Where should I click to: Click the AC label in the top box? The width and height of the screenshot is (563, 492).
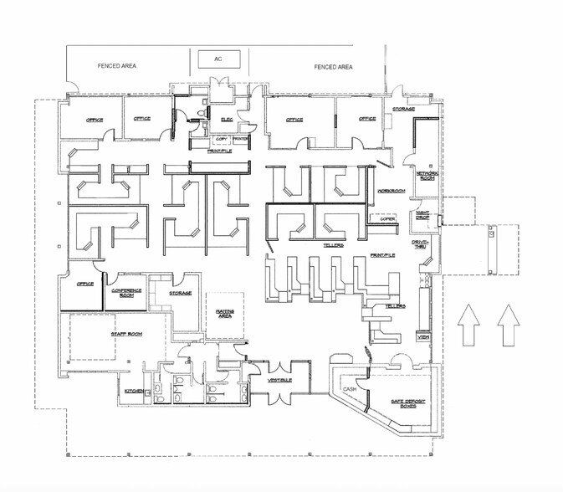tap(218, 59)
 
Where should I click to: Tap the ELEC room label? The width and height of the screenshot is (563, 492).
tap(226, 120)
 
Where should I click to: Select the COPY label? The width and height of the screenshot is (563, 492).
tap(222, 138)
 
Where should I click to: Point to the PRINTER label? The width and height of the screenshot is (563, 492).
tap(240, 138)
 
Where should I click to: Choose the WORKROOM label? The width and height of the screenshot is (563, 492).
tap(392, 191)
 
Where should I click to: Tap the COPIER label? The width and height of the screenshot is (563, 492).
tap(387, 218)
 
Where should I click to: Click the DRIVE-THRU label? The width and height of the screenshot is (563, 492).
tap(421, 243)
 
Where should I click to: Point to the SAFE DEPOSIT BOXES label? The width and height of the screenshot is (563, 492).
tap(408, 404)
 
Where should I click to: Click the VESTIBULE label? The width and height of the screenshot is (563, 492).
tap(279, 381)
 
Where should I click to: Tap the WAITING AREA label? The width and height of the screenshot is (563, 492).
tap(226, 313)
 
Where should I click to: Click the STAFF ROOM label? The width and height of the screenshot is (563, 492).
tap(126, 334)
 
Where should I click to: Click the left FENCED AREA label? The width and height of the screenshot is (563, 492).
tap(117, 65)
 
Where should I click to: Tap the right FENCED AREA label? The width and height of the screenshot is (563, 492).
tap(333, 66)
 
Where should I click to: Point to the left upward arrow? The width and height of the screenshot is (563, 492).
tap(469, 325)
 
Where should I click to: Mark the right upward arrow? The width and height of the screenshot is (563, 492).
tap(508, 325)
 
